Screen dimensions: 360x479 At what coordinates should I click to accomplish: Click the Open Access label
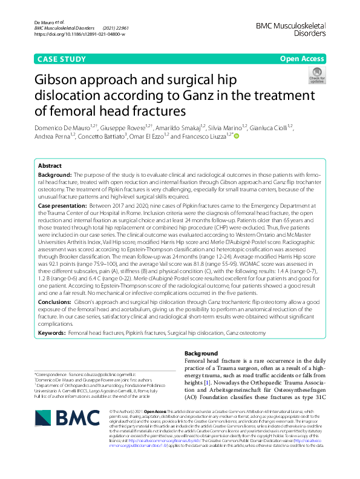click(x=302, y=59)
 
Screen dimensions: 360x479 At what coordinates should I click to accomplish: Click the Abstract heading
click(x=50, y=165)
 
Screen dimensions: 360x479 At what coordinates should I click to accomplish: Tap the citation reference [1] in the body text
click(x=206, y=383)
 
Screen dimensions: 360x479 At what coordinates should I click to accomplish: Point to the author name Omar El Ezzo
click(x=148, y=137)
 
